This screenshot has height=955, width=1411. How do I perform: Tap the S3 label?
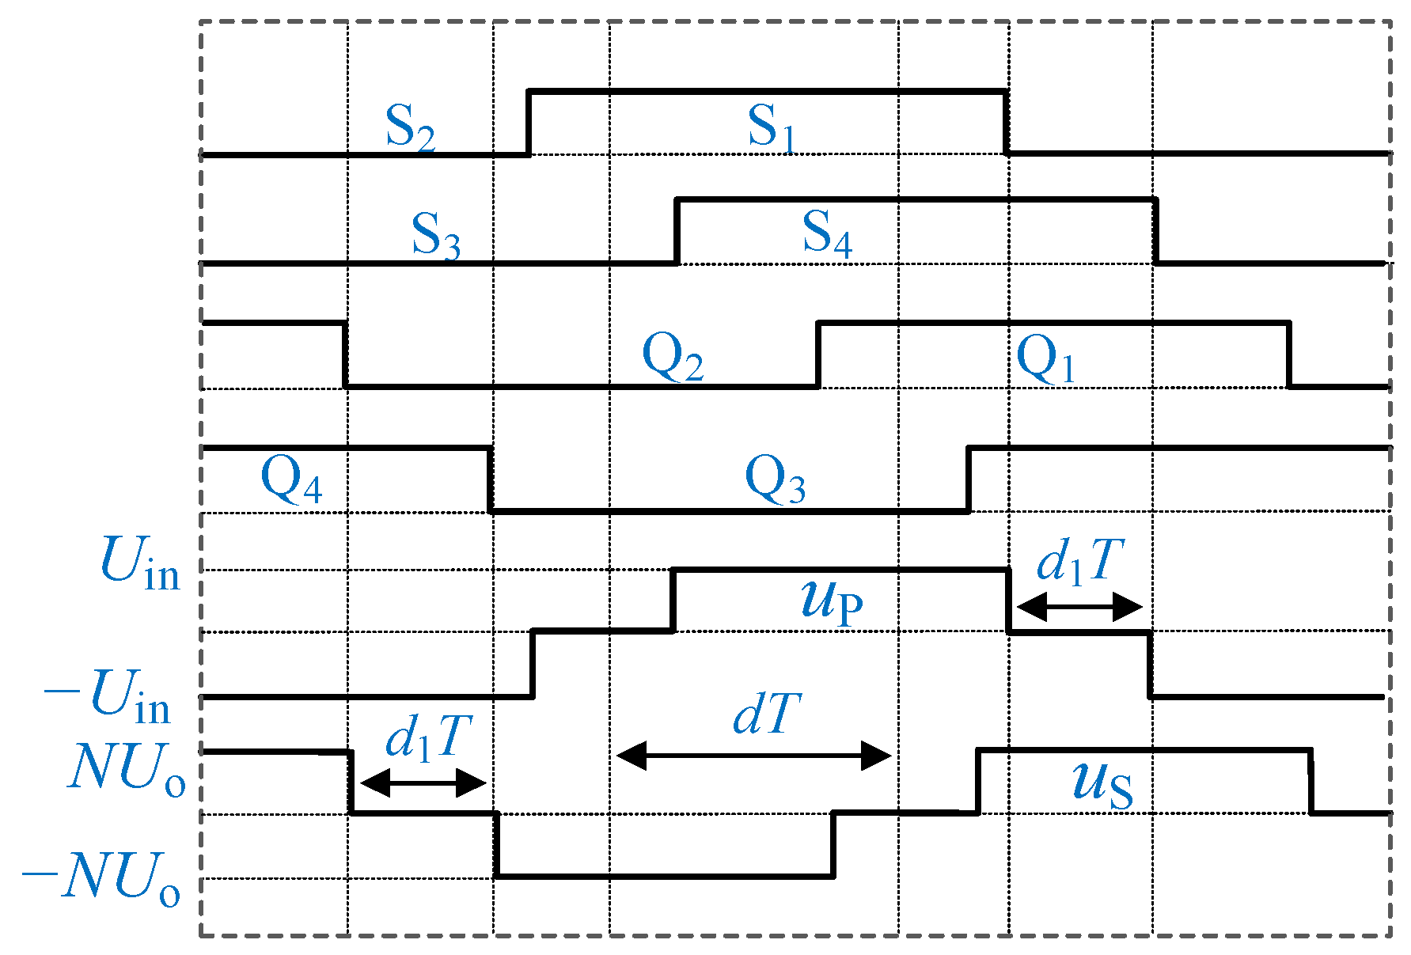click(435, 236)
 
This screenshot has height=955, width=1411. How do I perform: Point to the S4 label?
click(827, 234)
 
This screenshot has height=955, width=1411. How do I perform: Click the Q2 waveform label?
click(672, 358)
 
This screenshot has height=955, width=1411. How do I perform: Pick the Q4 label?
click(291, 480)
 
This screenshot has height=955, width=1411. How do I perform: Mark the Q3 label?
click(775, 480)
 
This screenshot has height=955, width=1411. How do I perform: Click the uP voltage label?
click(831, 601)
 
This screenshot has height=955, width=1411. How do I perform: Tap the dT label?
click(766, 715)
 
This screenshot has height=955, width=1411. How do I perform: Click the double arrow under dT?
click(754, 756)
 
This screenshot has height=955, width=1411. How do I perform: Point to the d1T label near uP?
click(1079, 563)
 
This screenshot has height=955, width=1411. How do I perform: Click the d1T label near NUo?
click(428, 738)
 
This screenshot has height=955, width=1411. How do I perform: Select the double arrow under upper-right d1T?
click(1079, 608)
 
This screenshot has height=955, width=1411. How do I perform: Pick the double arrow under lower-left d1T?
click(423, 784)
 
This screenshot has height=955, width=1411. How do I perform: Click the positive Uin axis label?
click(140, 563)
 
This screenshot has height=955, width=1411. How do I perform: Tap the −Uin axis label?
click(108, 696)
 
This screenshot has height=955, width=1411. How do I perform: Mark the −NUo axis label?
click(101, 878)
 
